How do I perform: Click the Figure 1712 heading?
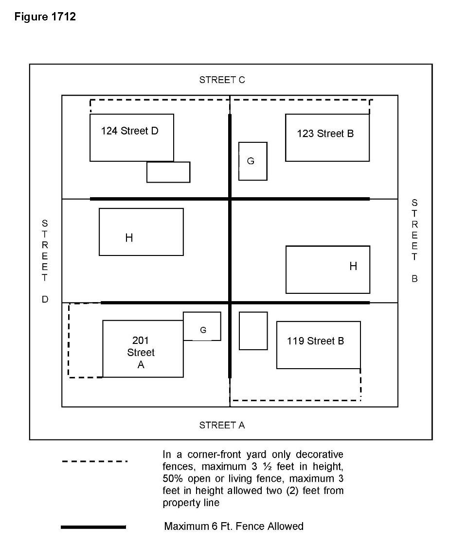tap(45, 17)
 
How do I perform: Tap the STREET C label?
tap(222, 80)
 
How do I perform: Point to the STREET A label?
tap(222, 425)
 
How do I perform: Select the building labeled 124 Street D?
tap(132, 138)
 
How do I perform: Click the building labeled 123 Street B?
tap(327, 138)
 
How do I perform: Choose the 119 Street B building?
tap(319, 345)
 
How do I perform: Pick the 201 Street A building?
tap(143, 349)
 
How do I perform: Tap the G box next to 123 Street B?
tap(253, 161)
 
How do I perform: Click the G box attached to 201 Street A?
tap(202, 326)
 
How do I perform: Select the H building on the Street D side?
tap(141, 232)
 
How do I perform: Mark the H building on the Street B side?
tap(328, 270)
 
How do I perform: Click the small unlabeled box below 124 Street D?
tap(168, 172)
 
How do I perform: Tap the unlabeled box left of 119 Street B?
tap(253, 331)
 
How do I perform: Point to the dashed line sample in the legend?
tap(94, 461)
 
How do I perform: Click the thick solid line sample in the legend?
tap(93, 527)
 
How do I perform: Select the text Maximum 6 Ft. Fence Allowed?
tap(234, 527)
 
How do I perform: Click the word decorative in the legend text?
tap(320, 455)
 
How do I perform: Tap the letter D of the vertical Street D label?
tap(45, 299)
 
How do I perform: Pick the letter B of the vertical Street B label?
tap(414, 279)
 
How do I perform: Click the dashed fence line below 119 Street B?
tap(296, 400)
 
